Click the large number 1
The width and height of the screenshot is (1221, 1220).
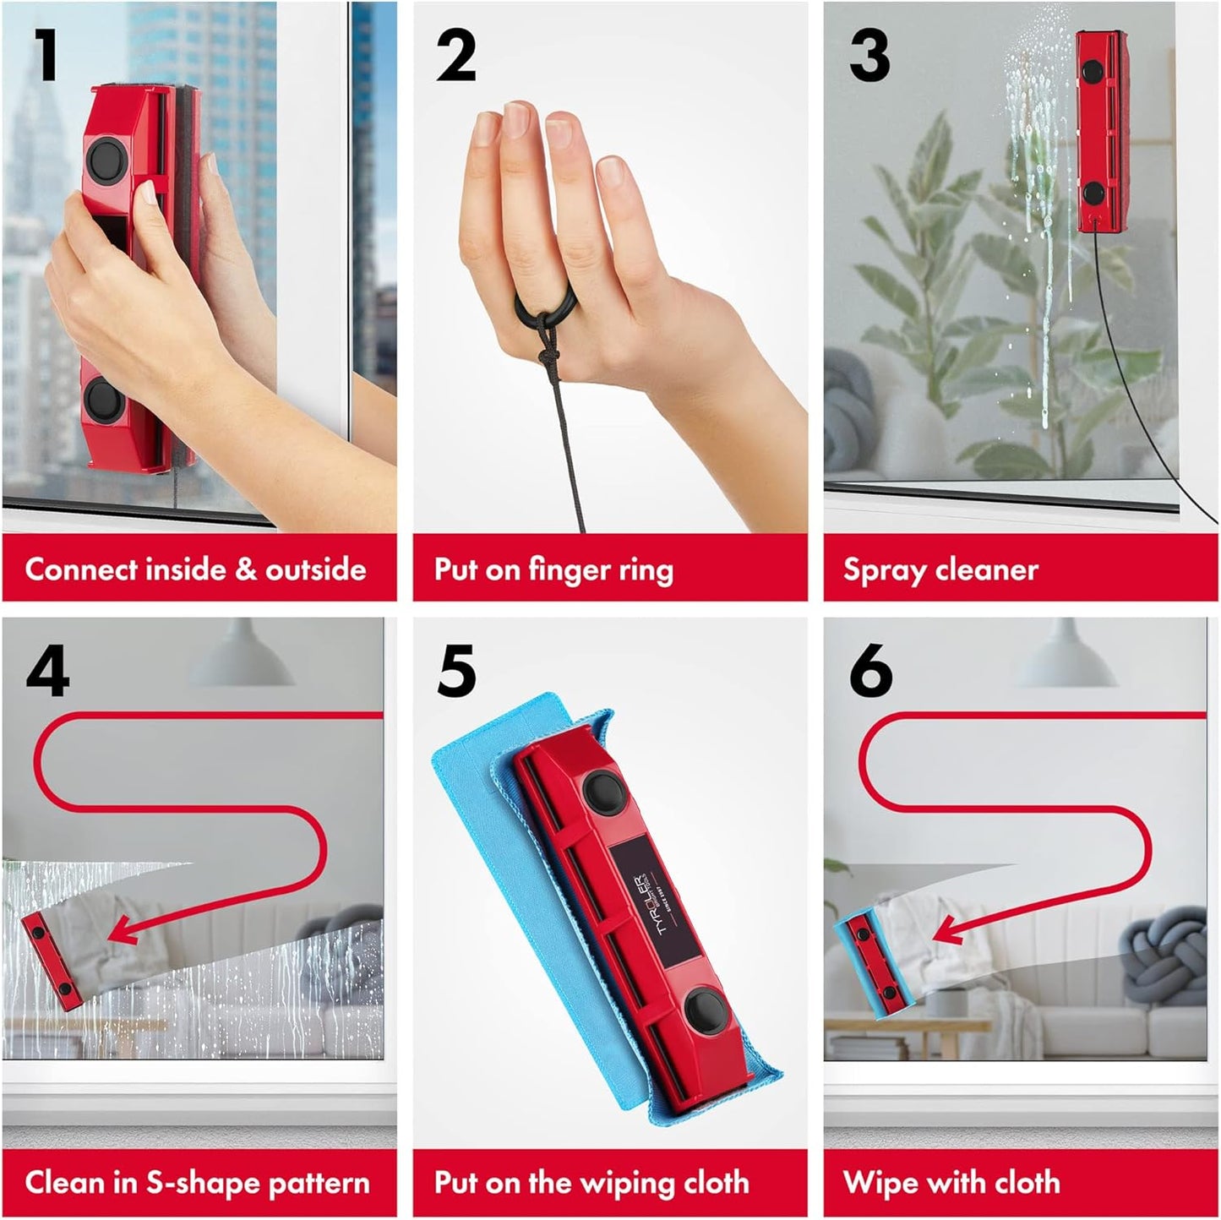coord(46,55)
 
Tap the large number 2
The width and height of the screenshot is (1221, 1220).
coord(456,55)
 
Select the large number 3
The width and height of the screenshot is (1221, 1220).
coord(869,55)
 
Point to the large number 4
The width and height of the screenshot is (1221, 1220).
coord(47,670)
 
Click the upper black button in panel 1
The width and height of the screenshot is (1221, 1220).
coord(106,159)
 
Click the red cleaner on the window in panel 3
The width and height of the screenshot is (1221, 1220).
coord(1099,131)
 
